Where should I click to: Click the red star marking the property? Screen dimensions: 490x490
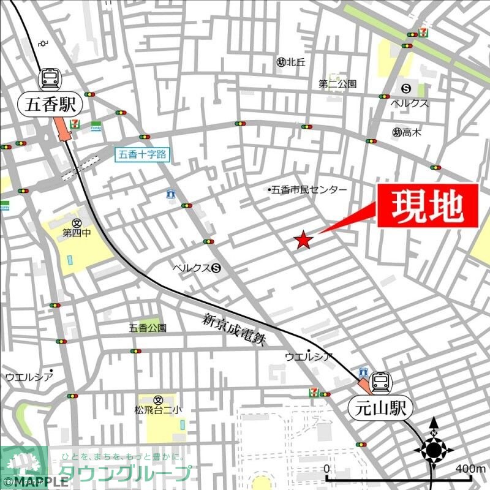coord(303,241)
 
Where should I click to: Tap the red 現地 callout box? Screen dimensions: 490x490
coord(427,206)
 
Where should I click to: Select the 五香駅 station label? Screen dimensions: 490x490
coord(51,104)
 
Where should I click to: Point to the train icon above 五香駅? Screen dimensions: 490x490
coord(51,78)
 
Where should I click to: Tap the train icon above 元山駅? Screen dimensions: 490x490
coord(380,382)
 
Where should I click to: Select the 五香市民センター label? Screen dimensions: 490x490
coord(308,190)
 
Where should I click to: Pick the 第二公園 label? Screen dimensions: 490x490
coord(337,84)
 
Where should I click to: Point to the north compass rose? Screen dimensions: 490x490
coord(434,450)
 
